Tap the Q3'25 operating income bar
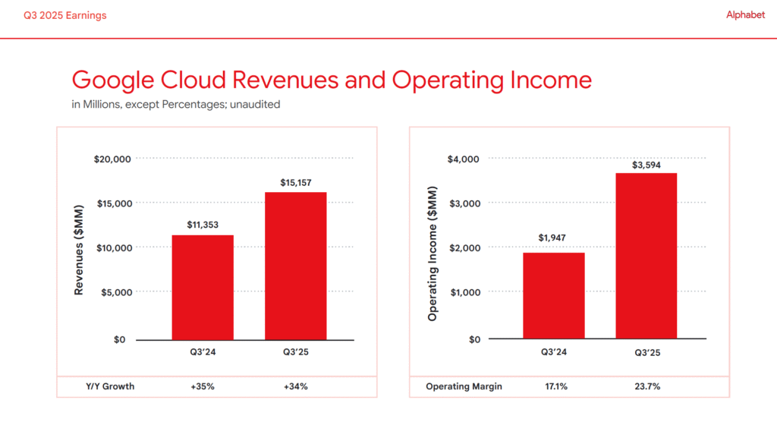646,256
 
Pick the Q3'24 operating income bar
553,296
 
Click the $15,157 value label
295,182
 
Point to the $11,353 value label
203,225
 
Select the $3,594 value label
646,164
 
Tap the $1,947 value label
553,238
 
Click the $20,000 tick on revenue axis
112,159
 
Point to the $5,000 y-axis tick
115,292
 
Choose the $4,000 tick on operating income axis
463,159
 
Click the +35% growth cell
203,386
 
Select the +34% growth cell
295,386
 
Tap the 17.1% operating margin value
553,386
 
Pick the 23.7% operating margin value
646,386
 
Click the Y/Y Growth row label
109,386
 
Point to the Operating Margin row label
464,386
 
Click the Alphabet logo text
745,15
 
